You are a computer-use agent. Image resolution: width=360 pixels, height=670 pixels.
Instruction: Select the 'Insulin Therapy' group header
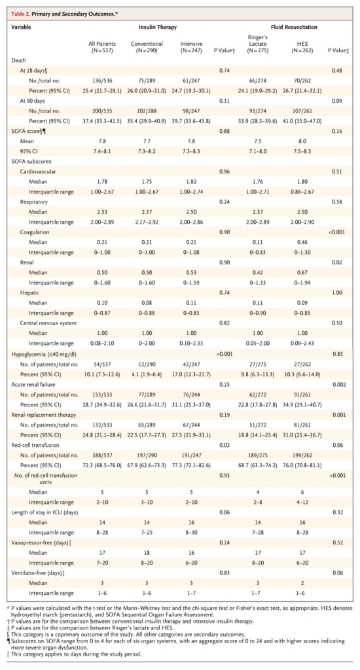pyautogui.click(x=158, y=27)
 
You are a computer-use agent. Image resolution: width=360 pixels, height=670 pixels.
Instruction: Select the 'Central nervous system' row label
pyautogui.click(x=48, y=323)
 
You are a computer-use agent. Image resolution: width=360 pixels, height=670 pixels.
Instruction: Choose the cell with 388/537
pyautogui.click(x=99, y=455)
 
